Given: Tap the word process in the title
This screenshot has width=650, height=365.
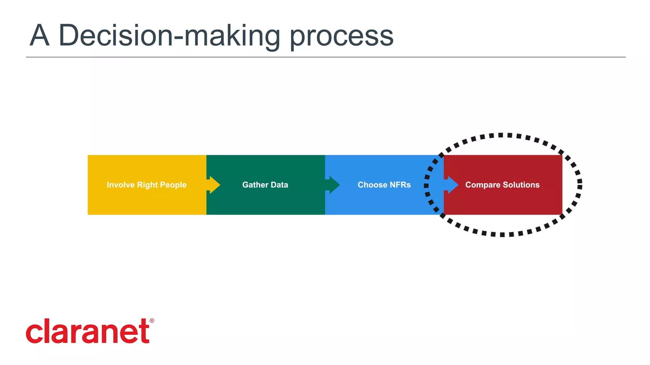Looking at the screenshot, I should (x=342, y=36).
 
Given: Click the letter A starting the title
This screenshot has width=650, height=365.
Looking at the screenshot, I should (x=40, y=36).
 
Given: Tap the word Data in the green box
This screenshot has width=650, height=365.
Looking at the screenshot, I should (x=279, y=185).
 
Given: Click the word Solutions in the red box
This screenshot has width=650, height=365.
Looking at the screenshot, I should (x=521, y=185).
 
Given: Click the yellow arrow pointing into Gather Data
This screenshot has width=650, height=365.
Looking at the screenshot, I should (x=214, y=185).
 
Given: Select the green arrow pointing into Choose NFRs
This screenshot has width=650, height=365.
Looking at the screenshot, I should (x=333, y=185).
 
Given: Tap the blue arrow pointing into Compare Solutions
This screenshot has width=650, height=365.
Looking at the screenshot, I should (x=451, y=185).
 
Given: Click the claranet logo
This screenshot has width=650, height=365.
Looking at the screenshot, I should (x=88, y=331).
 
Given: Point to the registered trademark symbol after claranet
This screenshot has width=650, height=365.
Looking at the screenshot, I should (x=152, y=321).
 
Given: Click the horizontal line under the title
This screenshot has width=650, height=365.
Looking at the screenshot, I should (x=326, y=57).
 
